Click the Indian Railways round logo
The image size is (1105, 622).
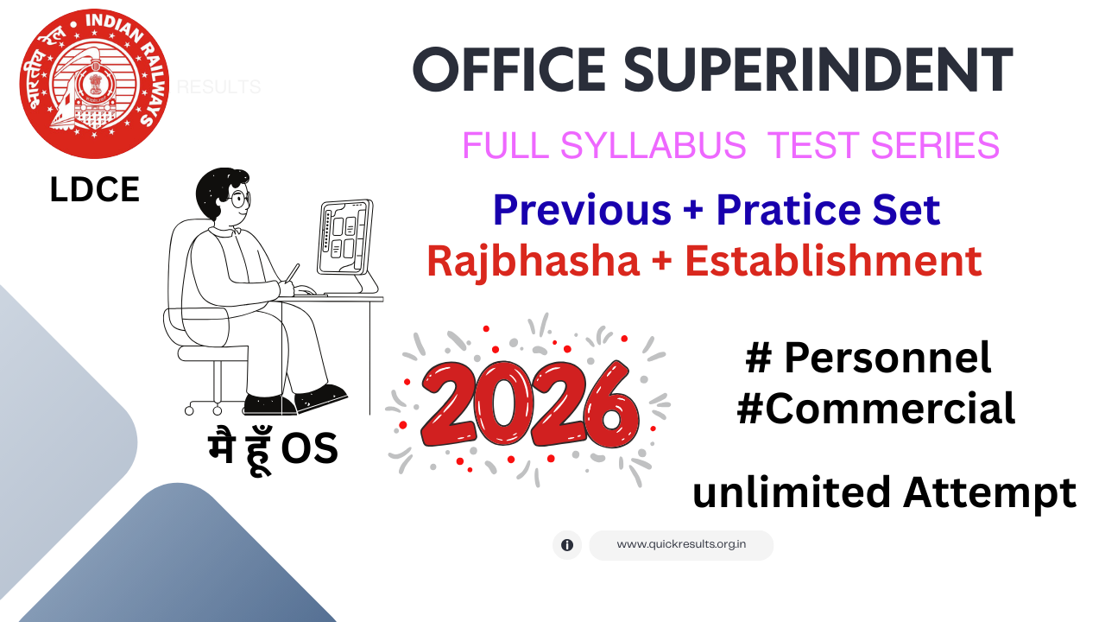pos(94,85)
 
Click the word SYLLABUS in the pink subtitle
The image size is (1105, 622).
pos(653,146)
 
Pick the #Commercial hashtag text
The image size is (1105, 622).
pos(875,409)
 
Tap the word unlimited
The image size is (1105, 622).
pos(792,493)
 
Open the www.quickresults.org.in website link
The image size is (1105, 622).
pos(681,545)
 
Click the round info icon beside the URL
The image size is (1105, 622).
pos(567,545)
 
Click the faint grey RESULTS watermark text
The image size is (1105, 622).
pos(218,87)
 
